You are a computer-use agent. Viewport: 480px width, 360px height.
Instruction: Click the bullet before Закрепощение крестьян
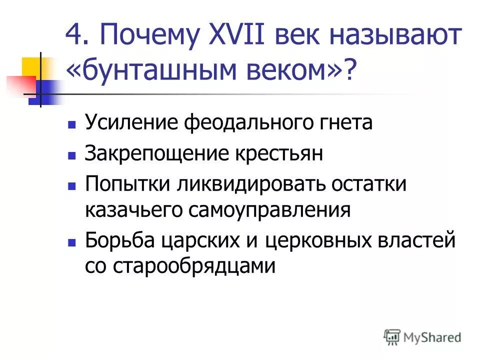tap(71, 154)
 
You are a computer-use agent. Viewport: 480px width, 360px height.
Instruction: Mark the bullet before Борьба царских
tap(71, 242)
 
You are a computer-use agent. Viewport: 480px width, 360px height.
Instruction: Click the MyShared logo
tap(422, 337)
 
